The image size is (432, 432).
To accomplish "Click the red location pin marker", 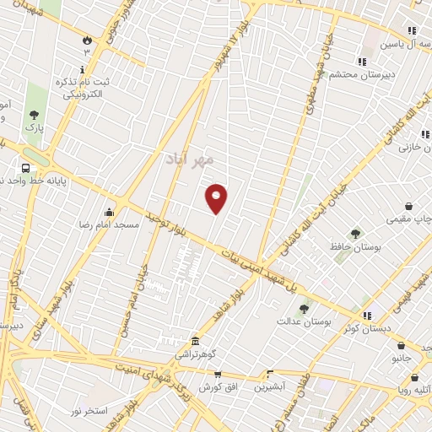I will click(x=217, y=198).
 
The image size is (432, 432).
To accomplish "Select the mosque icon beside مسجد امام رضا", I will click(x=108, y=212).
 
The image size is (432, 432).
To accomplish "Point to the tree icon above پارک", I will click(x=34, y=114).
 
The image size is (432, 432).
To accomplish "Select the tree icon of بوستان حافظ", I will click(x=355, y=234).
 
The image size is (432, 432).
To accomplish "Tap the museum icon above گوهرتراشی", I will click(x=196, y=341).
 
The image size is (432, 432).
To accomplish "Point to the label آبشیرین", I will click(x=270, y=387).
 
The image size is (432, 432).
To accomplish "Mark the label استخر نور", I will click(x=87, y=409).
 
